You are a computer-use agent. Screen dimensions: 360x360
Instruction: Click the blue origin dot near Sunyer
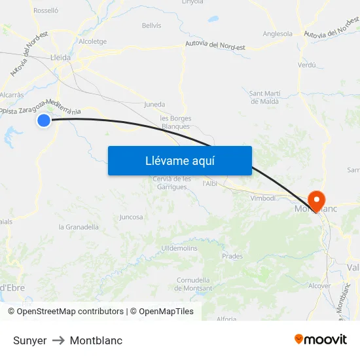tap(44, 120)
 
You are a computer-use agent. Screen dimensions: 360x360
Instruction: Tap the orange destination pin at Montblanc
tap(316, 200)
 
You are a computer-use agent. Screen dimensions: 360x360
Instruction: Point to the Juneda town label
tap(154, 104)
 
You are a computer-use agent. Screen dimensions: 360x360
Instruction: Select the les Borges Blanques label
tap(175, 122)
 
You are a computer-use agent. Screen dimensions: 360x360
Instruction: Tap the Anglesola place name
tap(278, 33)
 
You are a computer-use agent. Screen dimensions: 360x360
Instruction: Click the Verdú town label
tap(306, 65)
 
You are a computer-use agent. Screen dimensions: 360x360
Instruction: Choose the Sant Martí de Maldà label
tap(264, 98)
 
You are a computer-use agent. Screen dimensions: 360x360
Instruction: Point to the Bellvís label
tap(151, 26)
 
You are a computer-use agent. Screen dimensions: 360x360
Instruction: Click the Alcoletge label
tap(92, 41)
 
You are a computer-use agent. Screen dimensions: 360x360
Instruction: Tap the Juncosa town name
tap(131, 217)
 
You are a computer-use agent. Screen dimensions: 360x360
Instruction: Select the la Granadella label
tap(79, 227)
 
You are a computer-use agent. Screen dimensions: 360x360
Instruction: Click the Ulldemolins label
tap(179, 248)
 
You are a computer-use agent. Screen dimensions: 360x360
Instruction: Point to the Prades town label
tap(232, 256)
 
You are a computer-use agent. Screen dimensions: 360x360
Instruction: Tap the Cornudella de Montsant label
tap(194, 284)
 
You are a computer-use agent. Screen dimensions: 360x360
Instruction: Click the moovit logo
tap(320, 340)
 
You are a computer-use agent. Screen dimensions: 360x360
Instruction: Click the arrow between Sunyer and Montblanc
tap(58, 340)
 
